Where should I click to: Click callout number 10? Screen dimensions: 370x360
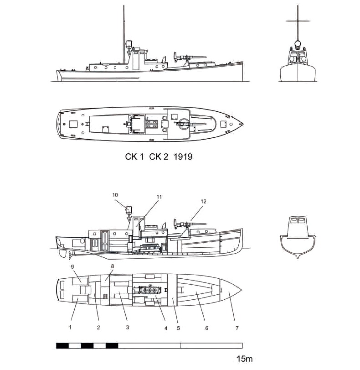click(x=115, y=195)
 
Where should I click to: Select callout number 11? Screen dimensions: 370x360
click(x=159, y=197)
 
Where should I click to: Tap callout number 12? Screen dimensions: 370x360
click(x=204, y=201)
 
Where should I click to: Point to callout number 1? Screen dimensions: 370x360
click(x=71, y=327)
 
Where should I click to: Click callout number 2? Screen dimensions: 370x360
click(x=98, y=327)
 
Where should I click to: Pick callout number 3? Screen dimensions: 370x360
click(x=128, y=327)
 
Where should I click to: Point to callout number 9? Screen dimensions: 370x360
click(x=72, y=266)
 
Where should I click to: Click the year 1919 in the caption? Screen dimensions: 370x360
click(x=182, y=157)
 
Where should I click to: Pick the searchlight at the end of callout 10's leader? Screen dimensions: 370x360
click(x=129, y=210)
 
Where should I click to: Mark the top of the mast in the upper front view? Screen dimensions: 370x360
click(x=298, y=7)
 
